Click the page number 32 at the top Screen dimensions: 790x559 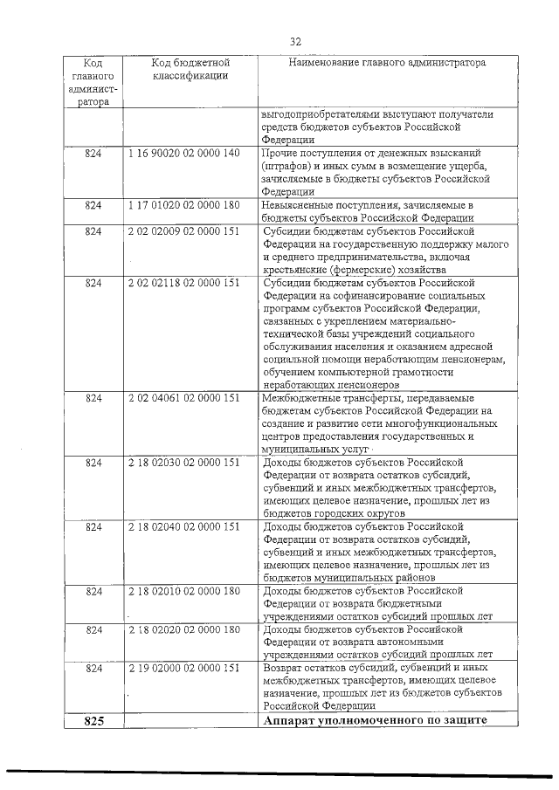(295, 41)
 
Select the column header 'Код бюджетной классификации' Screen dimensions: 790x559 (190, 70)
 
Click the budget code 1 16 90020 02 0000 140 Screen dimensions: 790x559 (183, 154)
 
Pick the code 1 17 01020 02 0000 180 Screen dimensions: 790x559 (183, 205)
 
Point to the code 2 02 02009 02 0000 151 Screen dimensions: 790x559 (183, 231)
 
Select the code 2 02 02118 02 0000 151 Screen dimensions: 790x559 (183, 284)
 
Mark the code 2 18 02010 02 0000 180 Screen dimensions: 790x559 (183, 591)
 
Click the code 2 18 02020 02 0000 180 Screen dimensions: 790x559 (183, 629)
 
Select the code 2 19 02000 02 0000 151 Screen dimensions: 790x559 (183, 668)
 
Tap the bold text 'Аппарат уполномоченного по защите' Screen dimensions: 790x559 (373, 720)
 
